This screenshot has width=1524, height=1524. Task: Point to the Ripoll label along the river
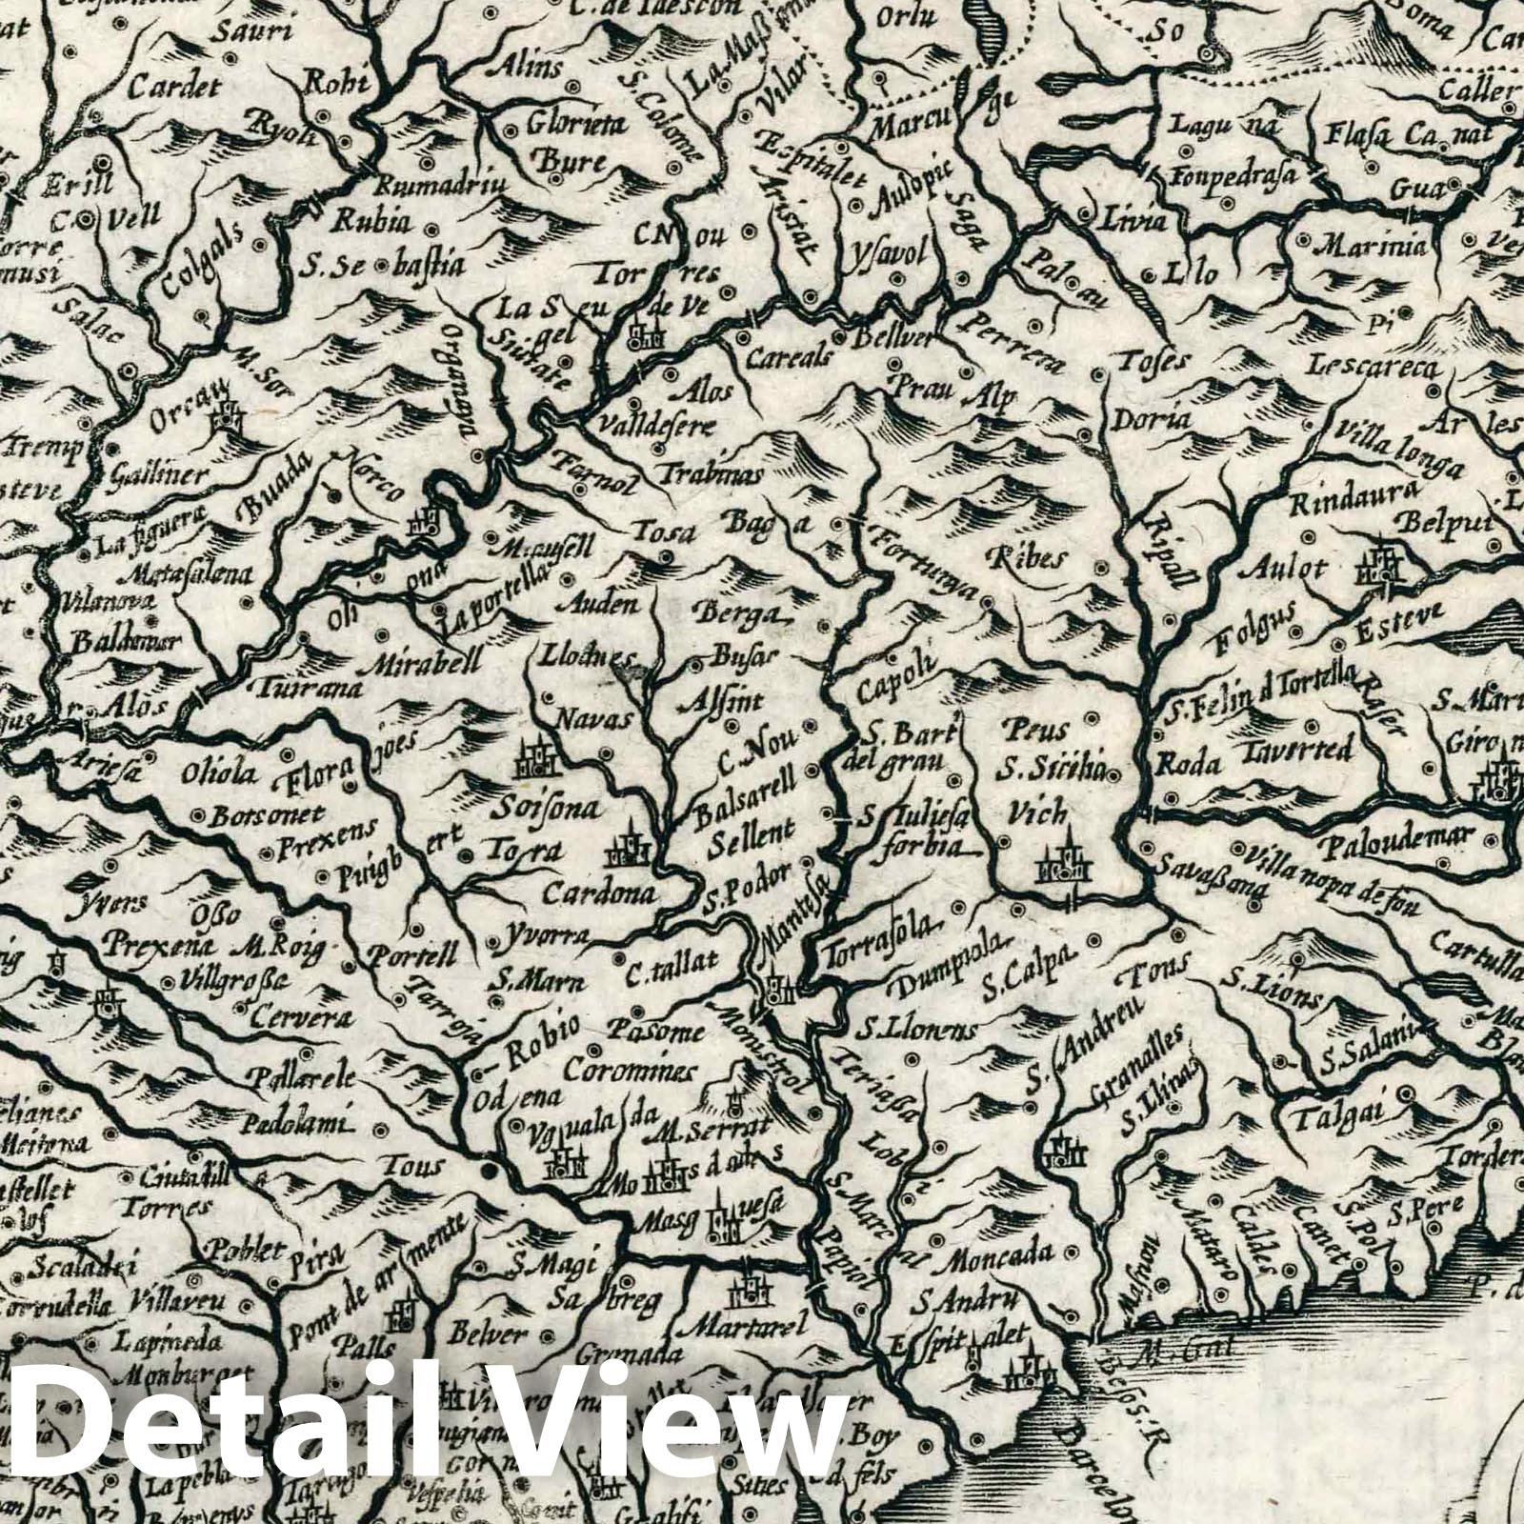[1164, 556]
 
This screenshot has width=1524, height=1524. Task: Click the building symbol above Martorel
[744, 1291]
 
